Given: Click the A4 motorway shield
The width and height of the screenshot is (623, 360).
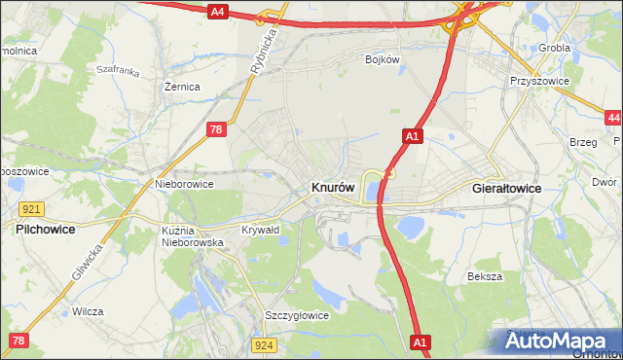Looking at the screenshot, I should (x=218, y=12).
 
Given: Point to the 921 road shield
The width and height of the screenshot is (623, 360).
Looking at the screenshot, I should (x=29, y=209).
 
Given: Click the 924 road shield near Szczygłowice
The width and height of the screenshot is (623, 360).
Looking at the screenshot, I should (x=263, y=344).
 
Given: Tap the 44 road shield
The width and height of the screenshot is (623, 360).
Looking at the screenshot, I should (x=612, y=118).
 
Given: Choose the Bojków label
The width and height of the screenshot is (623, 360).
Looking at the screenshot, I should (x=383, y=59).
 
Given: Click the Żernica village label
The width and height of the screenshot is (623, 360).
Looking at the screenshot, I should (x=182, y=87).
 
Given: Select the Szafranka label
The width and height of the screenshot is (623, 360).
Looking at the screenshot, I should (x=119, y=70).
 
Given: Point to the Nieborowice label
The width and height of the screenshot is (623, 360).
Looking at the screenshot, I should (x=184, y=182).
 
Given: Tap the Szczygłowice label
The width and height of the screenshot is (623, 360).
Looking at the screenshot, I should (x=297, y=315).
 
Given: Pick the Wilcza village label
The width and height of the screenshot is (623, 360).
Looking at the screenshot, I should (x=88, y=311).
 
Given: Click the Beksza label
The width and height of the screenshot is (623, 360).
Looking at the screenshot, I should (x=484, y=276).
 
